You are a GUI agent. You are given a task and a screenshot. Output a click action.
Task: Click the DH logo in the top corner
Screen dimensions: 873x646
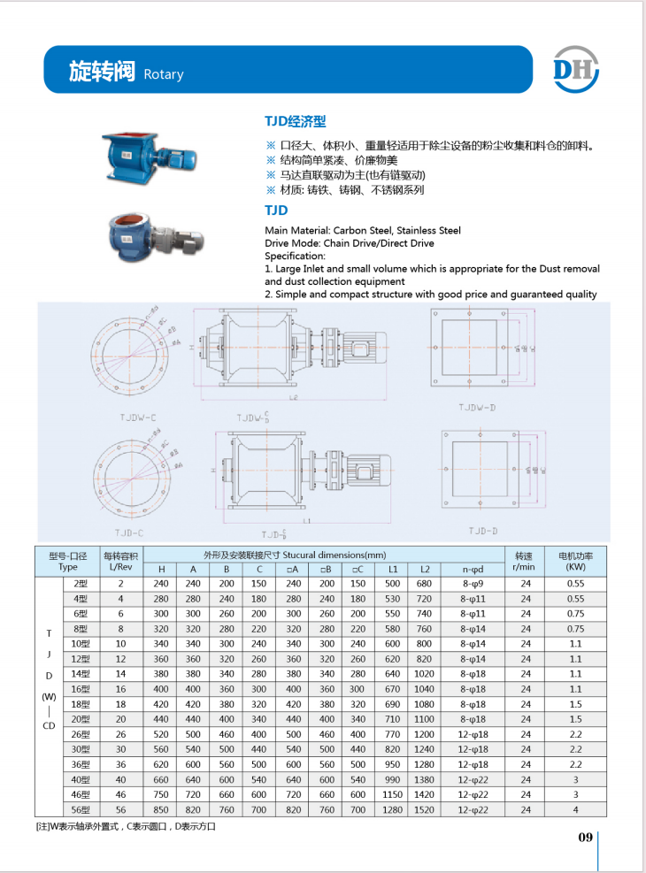tap(576, 68)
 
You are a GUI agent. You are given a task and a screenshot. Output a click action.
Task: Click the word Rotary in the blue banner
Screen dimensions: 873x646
tap(163, 74)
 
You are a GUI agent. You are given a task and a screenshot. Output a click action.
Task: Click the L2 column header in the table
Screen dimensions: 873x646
tap(424, 569)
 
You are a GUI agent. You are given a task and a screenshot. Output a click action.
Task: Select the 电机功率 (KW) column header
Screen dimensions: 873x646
tap(575, 561)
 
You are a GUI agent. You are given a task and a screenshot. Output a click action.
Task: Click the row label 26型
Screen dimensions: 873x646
tap(81, 734)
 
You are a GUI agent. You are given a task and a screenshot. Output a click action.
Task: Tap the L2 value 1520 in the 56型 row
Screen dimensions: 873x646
tap(424, 809)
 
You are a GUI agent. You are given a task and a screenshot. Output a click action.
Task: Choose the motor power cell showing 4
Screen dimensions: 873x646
tap(575, 809)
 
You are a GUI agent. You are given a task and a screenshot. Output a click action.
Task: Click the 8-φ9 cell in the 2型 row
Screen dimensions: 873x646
tap(473, 584)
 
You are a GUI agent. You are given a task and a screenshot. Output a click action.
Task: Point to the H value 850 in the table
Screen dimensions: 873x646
tap(161, 809)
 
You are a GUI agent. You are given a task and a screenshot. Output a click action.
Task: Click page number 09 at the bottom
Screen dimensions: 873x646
tap(585, 838)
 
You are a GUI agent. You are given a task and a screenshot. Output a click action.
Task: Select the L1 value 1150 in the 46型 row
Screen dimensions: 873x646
tap(393, 794)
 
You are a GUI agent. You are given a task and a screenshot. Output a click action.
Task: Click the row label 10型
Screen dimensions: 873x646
tap(81, 644)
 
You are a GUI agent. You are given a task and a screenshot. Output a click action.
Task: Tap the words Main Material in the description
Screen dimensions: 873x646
tap(295, 231)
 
